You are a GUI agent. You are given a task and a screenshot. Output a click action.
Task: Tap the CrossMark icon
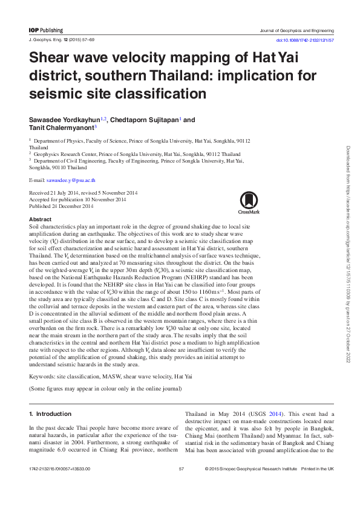click(x=249, y=203)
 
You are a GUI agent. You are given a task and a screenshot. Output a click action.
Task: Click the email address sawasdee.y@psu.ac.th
click(x=72, y=180)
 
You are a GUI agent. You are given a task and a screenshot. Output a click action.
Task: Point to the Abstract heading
click(x=40, y=218)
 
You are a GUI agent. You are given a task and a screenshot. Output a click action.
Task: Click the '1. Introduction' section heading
click(x=50, y=414)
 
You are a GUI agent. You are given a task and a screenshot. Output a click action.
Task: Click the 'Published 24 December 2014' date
click(x=61, y=206)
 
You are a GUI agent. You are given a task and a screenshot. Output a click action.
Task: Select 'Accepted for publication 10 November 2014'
click(x=77, y=199)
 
